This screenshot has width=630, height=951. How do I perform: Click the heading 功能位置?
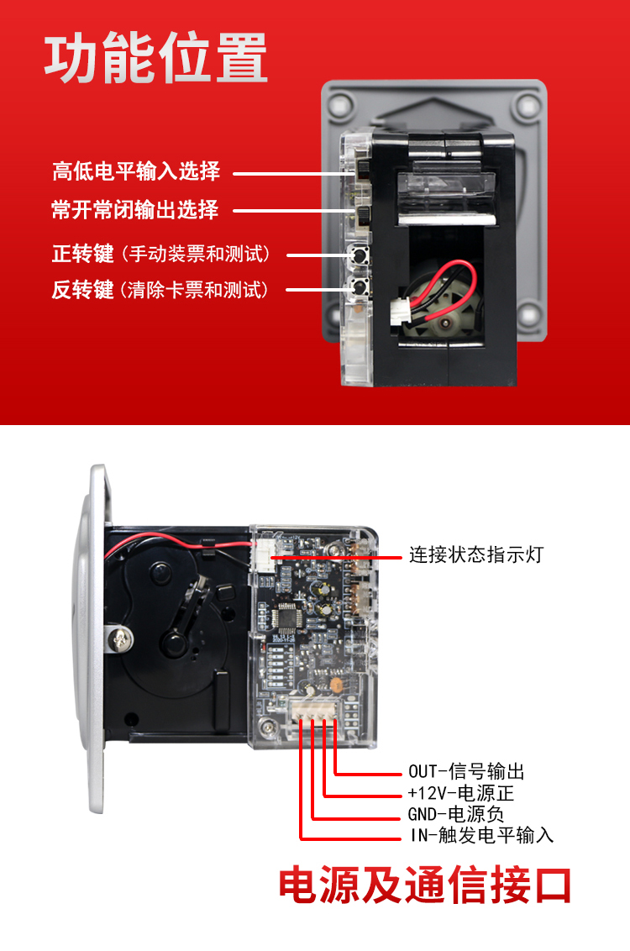coord(156,58)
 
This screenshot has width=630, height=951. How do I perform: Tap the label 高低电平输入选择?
coord(136,171)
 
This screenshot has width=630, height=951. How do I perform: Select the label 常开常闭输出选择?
coord(135,210)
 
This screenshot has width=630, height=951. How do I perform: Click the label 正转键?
coord(82,254)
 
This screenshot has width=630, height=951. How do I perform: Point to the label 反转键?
coord(82,290)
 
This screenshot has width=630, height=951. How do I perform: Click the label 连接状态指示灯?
coord(476,554)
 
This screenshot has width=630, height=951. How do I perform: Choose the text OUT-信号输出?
coord(466,771)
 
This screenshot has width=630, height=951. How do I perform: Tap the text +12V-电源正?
coord(461,793)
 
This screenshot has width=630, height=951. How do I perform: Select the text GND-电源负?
coord(455,814)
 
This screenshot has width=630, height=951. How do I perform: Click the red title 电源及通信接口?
coord(425,885)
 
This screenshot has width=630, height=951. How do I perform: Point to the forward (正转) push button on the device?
coord(359,255)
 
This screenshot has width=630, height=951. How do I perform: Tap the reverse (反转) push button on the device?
coord(360,288)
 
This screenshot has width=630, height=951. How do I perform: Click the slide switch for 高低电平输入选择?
coord(363,171)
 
